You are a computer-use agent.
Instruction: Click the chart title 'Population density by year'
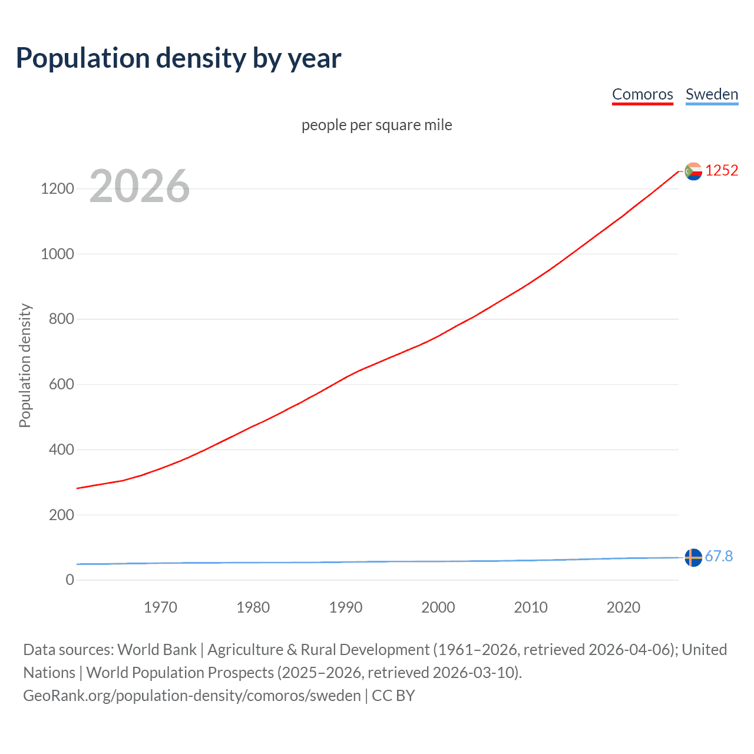[178, 58]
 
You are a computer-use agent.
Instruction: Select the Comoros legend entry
[642, 94]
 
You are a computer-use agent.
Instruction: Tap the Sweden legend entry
[712, 94]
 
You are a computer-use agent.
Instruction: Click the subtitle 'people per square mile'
[376, 125]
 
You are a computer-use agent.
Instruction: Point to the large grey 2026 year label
[140, 186]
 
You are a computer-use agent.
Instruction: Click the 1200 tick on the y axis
[57, 189]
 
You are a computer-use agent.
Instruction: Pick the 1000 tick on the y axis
[57, 254]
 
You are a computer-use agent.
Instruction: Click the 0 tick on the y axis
[70, 580]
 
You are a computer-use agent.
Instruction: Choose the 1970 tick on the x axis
[160, 607]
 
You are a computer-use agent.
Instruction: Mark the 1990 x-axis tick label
[346, 607]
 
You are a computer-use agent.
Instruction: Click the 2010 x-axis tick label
[531, 607]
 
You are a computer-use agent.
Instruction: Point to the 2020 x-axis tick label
[623, 607]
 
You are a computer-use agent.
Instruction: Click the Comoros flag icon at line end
[693, 171]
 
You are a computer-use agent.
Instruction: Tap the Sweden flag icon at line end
[693, 557]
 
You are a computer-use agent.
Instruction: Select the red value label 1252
[722, 171]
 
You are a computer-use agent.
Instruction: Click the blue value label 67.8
[719, 556]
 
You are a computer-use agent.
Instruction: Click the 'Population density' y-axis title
[25, 365]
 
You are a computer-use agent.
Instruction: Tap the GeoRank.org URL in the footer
[191, 696]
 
